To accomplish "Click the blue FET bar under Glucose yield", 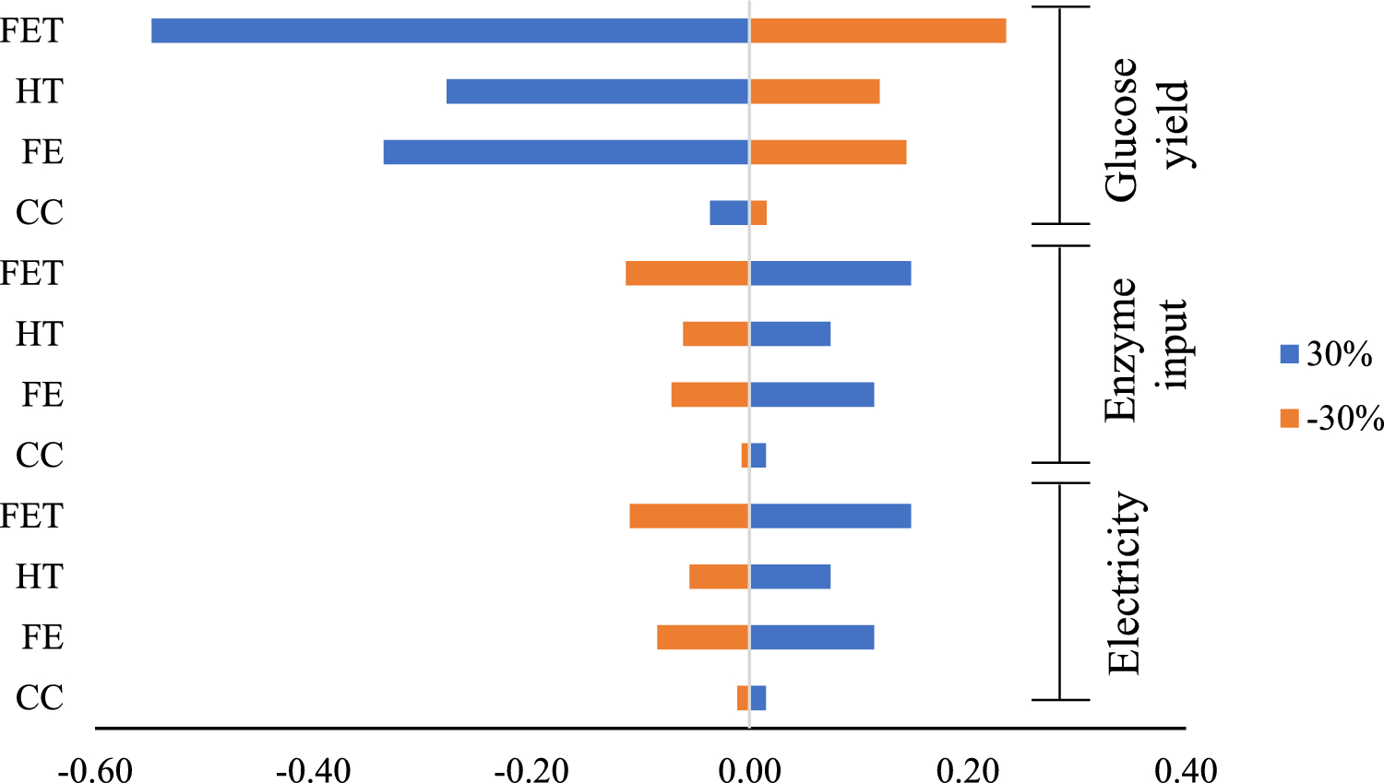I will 449,30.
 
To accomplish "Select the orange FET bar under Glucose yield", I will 877,30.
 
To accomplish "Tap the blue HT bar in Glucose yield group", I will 597,91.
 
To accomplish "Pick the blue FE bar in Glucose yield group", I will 566,152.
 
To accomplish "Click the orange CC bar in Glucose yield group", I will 758,213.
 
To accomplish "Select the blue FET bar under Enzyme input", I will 830,273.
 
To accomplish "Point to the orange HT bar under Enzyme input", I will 715,334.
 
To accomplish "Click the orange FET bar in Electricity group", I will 688,516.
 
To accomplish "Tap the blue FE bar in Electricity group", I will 812,637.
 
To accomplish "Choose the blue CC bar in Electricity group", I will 758,698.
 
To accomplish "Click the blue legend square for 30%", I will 1289,354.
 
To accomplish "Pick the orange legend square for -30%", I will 1289,419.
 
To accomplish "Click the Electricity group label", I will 1125,583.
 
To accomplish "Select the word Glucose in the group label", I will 1123,129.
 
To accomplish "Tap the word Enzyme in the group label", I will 1123,350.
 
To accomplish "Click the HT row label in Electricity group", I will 40,576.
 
